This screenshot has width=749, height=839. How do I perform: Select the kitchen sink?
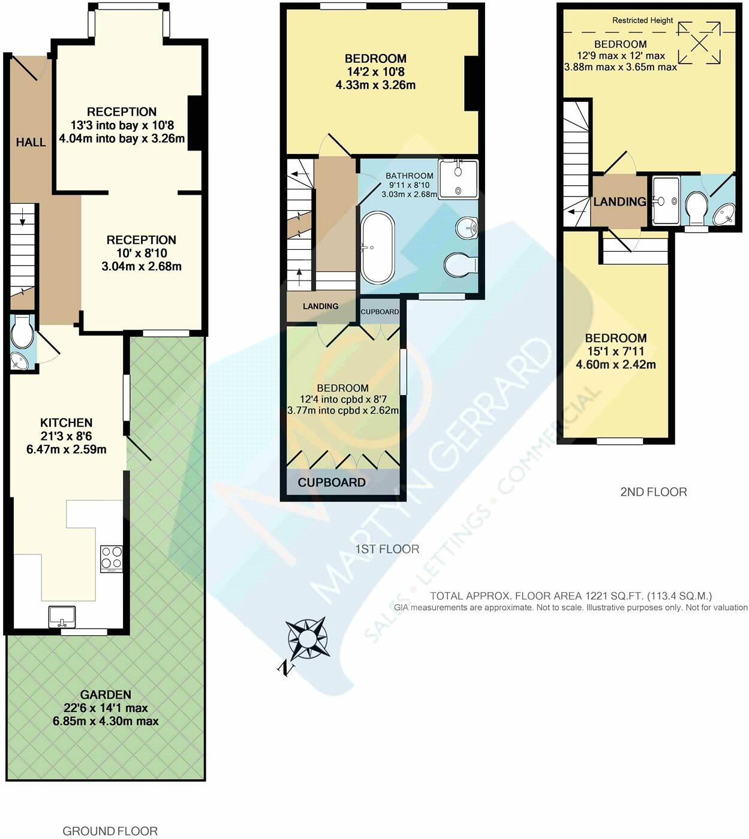coord(62,615)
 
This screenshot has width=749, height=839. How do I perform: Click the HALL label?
coord(31,142)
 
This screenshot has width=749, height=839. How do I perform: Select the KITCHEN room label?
coord(66,422)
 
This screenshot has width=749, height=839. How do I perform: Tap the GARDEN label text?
coord(106,695)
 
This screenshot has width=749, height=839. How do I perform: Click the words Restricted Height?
coord(642,20)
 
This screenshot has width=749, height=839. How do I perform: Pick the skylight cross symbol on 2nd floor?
coord(699,42)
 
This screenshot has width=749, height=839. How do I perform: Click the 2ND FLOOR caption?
coord(653,492)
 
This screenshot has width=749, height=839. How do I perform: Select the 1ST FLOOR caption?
coord(387,549)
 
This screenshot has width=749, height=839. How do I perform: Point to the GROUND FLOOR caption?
coord(110,831)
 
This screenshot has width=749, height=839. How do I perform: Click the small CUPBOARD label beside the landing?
coord(380,312)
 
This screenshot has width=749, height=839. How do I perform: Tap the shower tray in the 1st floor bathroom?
coord(459,179)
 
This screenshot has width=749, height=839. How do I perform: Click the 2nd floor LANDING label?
coord(619,201)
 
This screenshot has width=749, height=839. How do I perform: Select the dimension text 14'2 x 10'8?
coord(375,72)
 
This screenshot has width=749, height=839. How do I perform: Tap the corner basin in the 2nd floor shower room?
coord(724,214)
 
